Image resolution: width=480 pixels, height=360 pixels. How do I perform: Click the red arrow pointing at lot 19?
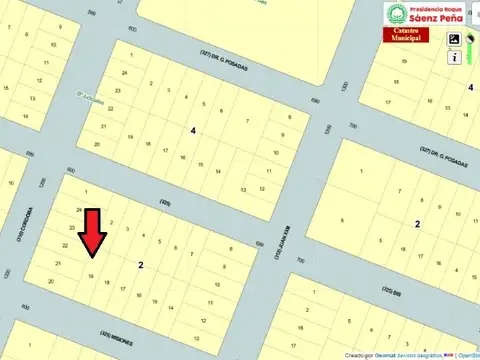(x=93, y=236)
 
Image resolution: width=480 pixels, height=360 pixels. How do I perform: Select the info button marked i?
(x=455, y=58)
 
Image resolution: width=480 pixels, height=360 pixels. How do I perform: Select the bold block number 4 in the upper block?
(x=193, y=130)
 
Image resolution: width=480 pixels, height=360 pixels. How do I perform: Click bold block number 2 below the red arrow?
(x=141, y=265)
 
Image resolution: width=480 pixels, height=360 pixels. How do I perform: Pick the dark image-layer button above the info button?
(x=455, y=40)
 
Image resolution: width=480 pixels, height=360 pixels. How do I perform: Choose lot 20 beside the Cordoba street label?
(x=51, y=282)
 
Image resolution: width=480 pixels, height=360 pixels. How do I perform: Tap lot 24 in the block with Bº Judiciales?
(x=124, y=73)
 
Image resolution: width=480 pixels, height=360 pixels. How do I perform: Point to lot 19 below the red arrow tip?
(x=91, y=277)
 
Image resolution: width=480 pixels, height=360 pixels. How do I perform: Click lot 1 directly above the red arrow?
(x=87, y=190)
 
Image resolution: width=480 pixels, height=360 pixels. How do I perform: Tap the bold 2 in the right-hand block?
(x=417, y=223)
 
